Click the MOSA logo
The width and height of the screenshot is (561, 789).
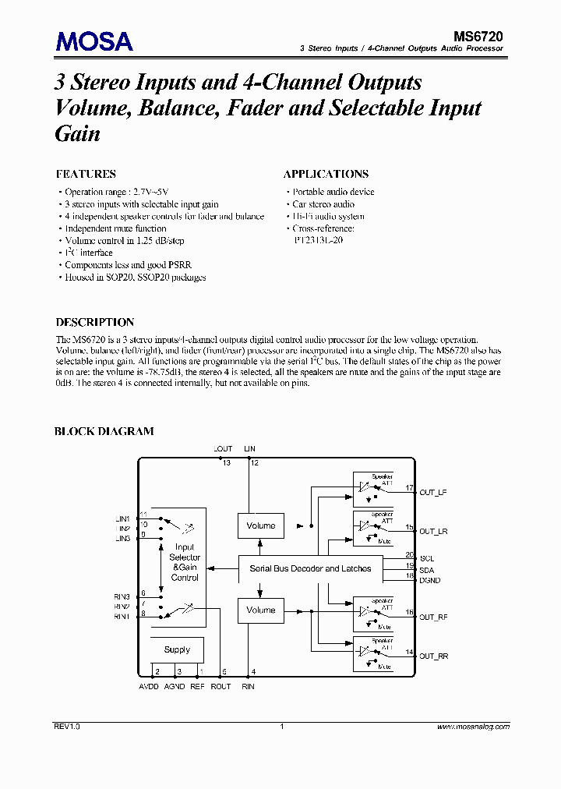pos(94,41)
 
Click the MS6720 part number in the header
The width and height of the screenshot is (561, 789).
pos(478,35)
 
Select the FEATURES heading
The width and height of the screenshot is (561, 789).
pos(86,174)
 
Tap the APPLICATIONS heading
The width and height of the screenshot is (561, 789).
pos(326,174)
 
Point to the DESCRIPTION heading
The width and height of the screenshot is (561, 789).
pos(95,322)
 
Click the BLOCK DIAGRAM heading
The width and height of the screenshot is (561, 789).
pos(104,431)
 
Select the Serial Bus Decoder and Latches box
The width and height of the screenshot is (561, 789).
pos(310,568)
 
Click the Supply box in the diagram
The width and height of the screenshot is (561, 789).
pos(177,649)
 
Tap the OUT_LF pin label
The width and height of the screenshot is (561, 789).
pos(433,493)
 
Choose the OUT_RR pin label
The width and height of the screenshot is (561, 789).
pos(433,656)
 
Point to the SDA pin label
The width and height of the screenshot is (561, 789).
pos(427,569)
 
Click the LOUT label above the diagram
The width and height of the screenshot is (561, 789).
pos(223,449)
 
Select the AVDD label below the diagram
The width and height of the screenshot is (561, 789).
pos(150,686)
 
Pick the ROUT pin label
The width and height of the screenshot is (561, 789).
pos(221,686)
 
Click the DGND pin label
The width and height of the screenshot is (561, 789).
pos(430,580)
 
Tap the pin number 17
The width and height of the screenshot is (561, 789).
pos(408,489)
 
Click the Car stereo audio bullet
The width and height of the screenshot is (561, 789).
pos(323,204)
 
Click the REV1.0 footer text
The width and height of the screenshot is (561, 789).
pos(67,726)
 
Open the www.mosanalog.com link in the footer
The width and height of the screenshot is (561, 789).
pos(473,726)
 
